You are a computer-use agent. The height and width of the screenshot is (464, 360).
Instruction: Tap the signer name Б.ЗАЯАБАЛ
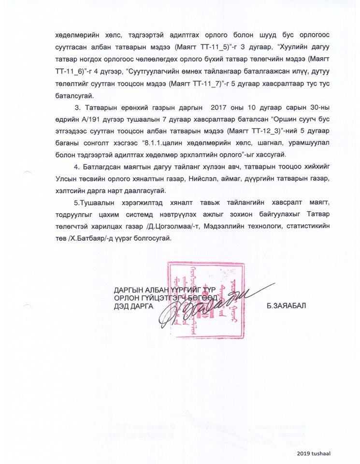click(x=286, y=306)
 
